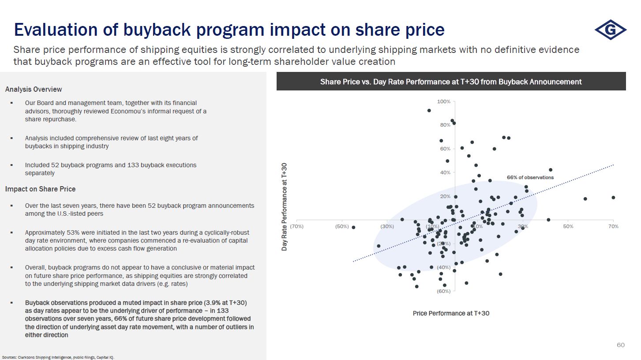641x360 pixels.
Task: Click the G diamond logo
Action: tap(611, 30)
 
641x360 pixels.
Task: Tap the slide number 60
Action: tap(621, 345)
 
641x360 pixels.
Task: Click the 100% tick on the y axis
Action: tap(443, 101)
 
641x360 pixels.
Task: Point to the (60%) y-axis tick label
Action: tap(443, 291)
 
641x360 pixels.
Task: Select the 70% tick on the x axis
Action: tap(613, 226)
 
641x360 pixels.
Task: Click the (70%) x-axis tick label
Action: tap(296, 226)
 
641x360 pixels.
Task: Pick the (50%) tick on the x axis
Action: tap(342, 226)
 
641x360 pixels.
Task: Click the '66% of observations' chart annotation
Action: tap(530, 177)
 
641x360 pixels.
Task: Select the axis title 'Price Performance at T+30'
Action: tap(451, 313)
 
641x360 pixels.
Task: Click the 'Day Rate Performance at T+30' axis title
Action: tap(285, 206)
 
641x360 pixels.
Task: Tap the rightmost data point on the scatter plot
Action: tap(613, 198)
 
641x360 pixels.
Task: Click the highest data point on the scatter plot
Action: tap(429, 110)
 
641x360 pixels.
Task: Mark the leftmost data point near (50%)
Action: tap(353, 227)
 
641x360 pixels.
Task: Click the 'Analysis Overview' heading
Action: tap(34, 90)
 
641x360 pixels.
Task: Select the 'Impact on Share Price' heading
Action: tap(40, 189)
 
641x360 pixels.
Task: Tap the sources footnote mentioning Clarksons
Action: tap(58, 357)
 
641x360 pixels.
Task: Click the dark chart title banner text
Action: tap(451, 82)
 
